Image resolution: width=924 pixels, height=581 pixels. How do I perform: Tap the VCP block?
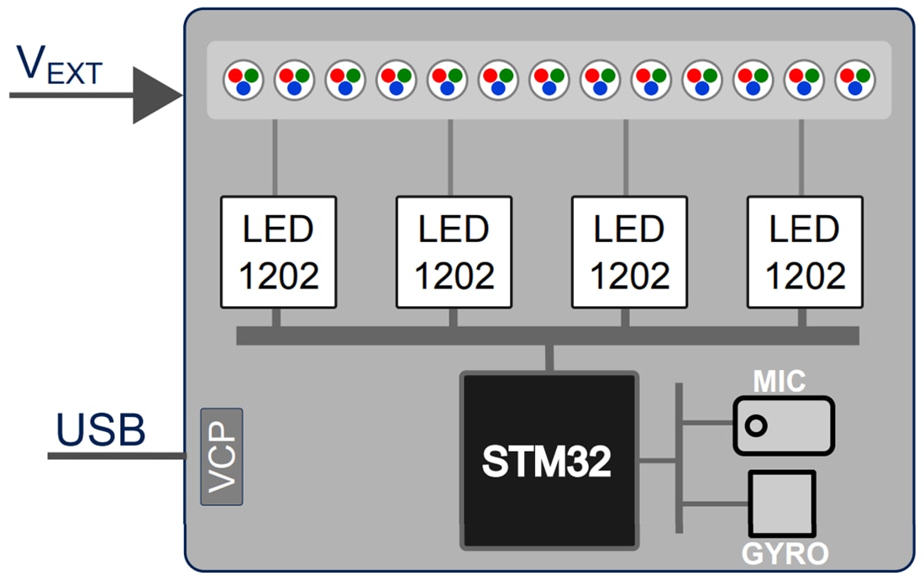[222, 457]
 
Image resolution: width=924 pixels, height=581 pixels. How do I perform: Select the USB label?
[101, 430]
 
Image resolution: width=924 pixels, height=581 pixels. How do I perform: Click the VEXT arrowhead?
[158, 95]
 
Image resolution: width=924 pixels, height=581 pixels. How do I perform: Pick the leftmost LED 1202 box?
[278, 252]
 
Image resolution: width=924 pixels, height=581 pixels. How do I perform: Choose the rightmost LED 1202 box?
[805, 252]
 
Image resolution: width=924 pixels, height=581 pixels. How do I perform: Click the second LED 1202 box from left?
[454, 252]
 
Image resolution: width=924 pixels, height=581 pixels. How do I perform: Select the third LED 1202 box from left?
[629, 252]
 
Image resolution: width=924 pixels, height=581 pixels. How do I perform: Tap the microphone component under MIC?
[784, 425]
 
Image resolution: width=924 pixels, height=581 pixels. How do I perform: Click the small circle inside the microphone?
[756, 426]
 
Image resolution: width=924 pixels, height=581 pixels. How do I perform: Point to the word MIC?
[779, 382]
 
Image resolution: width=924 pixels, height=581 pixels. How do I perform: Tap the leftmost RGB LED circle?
[244, 81]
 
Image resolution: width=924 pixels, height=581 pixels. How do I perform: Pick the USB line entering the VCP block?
[118, 456]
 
